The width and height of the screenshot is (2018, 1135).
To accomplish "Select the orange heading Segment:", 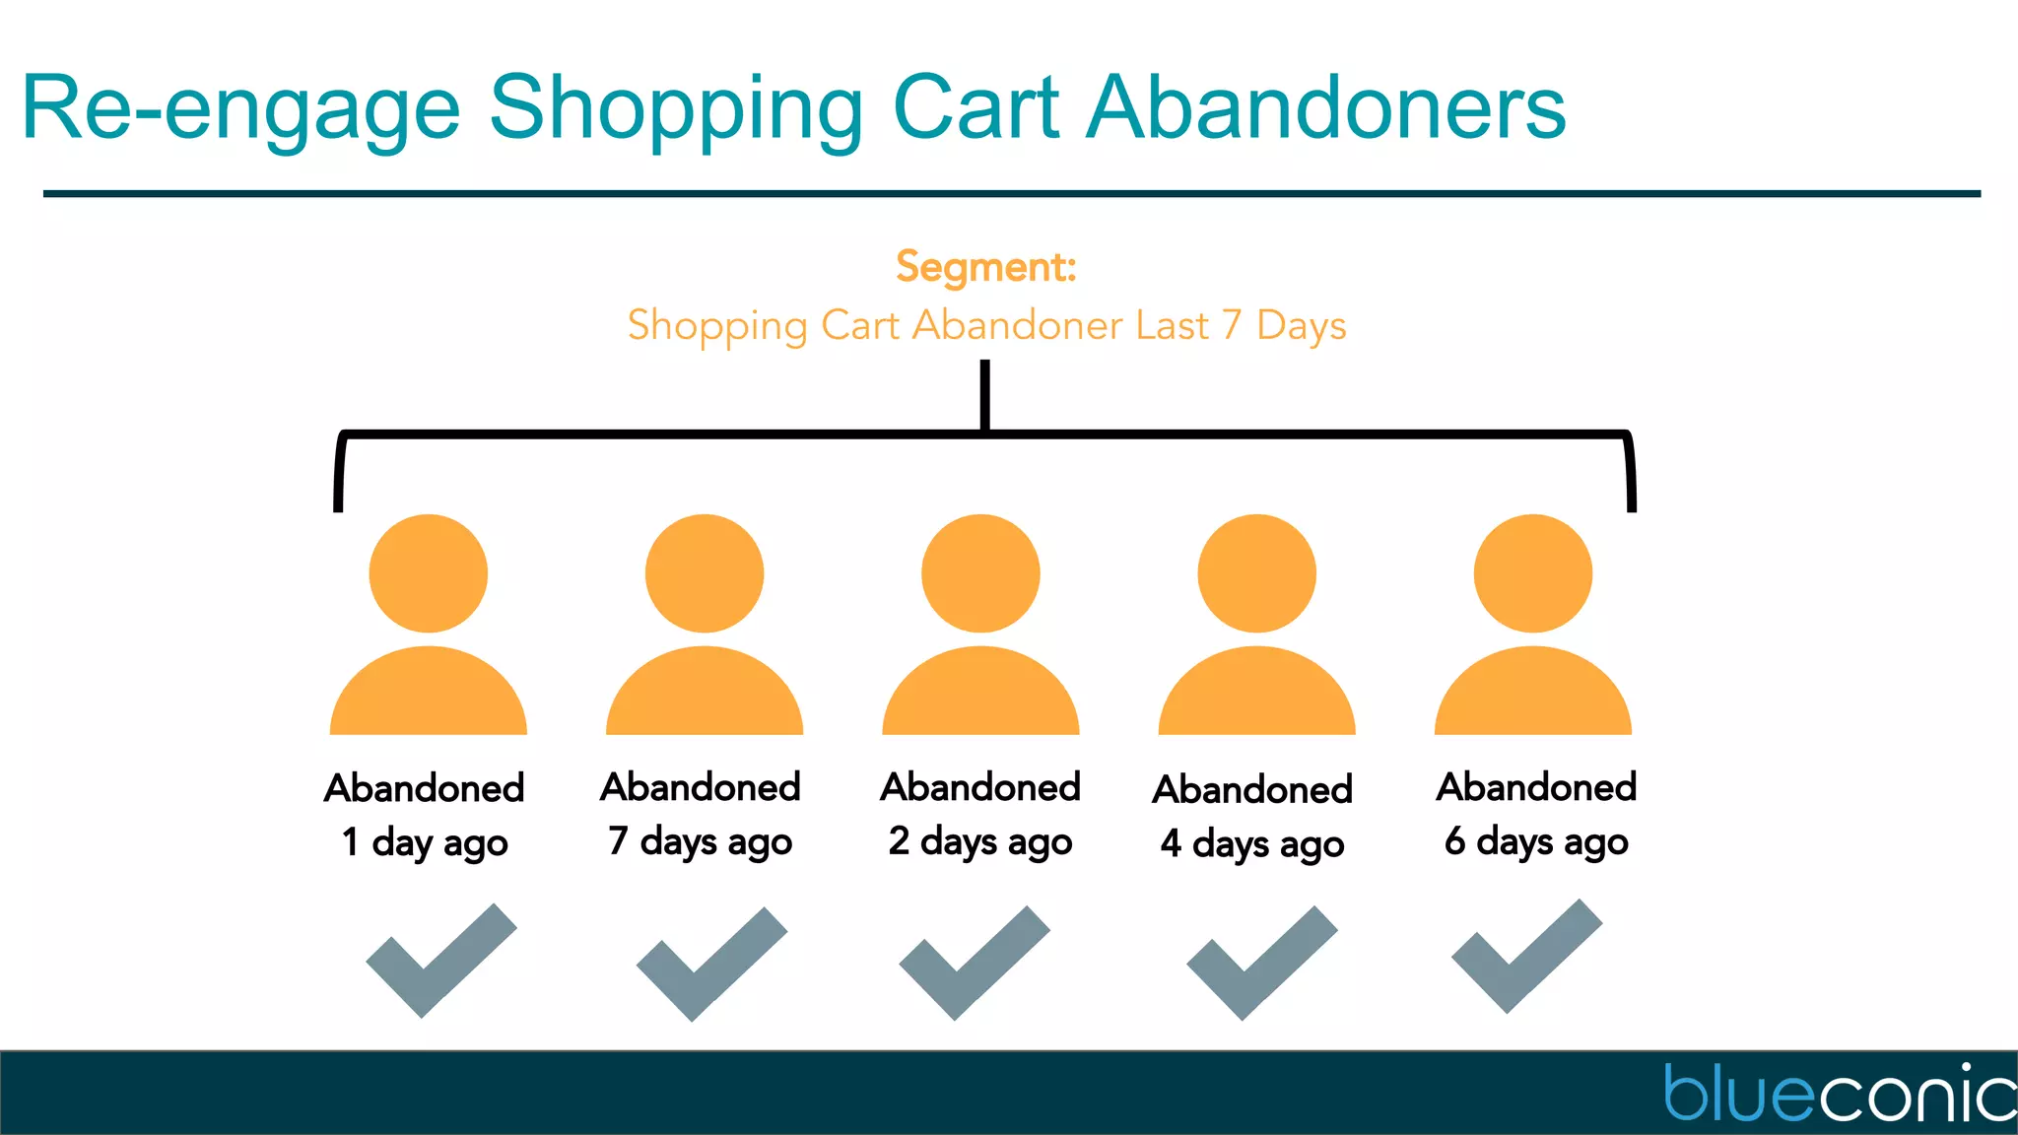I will pos(985,267).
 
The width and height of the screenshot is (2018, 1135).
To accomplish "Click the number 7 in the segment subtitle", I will pos(1231,326).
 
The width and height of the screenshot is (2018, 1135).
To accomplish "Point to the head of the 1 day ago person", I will pos(429,573).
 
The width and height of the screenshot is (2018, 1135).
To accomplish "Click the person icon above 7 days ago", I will pos(705,631).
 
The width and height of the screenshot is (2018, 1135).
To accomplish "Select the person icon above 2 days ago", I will pos(980,631).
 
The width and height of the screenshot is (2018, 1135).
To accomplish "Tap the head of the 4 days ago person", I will pos(1256,573).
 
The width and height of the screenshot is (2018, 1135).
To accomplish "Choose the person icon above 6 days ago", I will pos(1533,631).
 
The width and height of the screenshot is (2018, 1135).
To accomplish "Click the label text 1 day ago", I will pos(425,843).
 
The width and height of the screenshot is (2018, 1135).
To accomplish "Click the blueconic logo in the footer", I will pos(1839,1093).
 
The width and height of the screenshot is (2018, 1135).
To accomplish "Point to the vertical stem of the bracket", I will pos(984,394).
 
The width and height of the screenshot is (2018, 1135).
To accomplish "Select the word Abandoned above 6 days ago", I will pos(1536,787).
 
